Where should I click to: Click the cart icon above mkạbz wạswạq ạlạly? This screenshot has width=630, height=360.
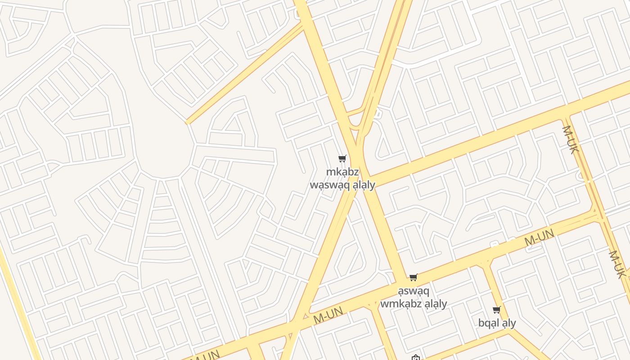point(342,158)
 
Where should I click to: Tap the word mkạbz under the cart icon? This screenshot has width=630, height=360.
point(342,172)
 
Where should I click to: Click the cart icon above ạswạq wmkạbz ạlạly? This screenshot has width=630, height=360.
point(414,278)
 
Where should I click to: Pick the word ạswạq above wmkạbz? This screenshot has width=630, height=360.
point(414,291)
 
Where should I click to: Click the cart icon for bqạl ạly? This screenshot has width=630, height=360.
point(497,310)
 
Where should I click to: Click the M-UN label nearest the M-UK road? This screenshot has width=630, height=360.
point(539,237)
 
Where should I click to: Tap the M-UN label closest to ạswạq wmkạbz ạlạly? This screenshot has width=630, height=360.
point(328,315)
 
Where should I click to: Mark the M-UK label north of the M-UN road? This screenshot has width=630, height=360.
point(569,139)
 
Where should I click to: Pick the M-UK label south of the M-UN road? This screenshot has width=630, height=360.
point(617,264)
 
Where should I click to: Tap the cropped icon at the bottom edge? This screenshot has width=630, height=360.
point(416,358)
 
